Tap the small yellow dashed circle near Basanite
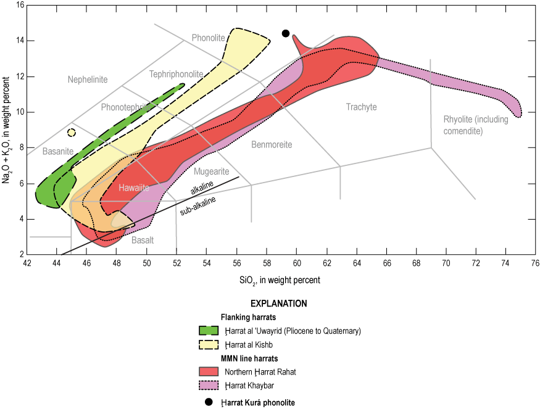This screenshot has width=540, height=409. tap(72, 133)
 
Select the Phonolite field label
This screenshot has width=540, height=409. tap(208, 38)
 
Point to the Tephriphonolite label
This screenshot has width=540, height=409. tap(176, 74)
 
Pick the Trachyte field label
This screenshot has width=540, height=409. tap(361, 107)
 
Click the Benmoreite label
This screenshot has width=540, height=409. tap(272, 144)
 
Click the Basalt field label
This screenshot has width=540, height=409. tap(143, 240)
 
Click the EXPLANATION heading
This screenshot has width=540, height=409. tap(278, 304)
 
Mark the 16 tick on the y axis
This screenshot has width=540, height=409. tap(20, 6)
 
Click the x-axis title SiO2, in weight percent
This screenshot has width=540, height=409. tap(281, 279)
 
